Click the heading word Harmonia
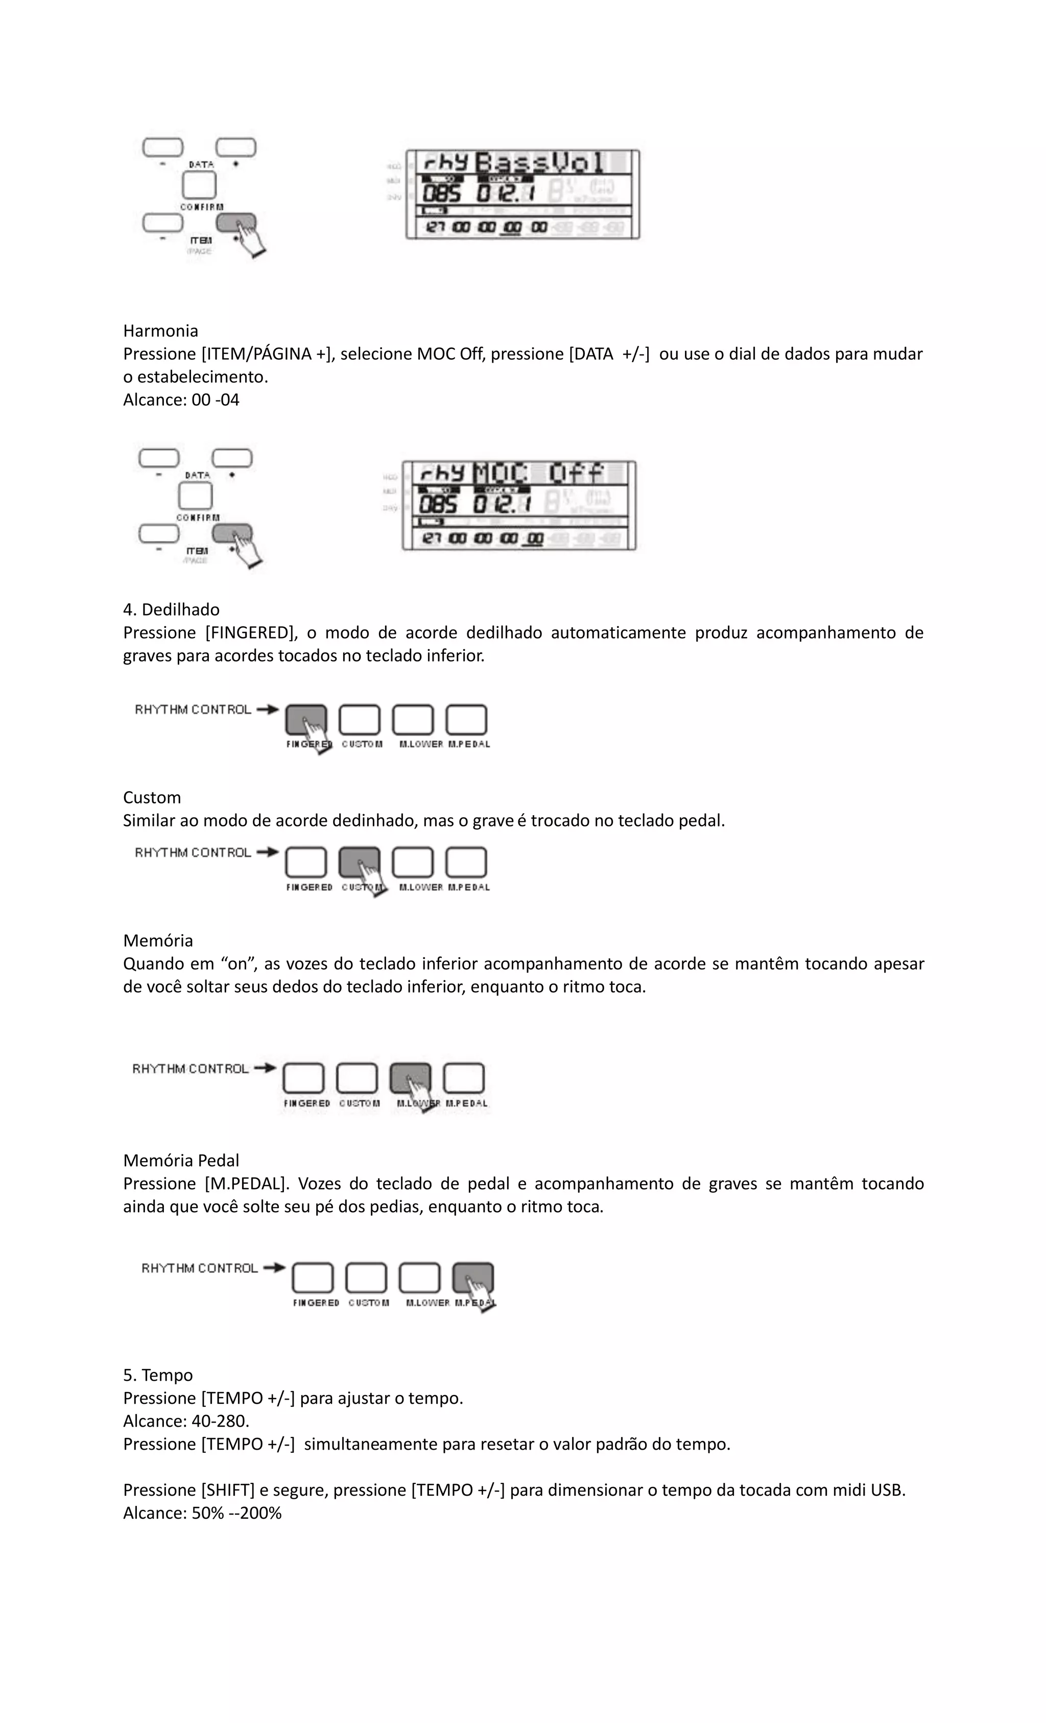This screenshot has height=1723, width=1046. [x=160, y=331]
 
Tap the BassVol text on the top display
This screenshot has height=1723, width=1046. [x=538, y=163]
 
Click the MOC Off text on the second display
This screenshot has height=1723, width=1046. [x=538, y=474]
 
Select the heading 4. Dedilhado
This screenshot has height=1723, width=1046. [x=171, y=610]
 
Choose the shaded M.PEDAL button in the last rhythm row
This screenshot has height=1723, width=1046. [x=472, y=1277]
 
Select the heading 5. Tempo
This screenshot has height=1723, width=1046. [x=158, y=1376]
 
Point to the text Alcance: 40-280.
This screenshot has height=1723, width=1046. [x=186, y=1422]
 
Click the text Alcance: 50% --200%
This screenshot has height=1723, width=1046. [x=202, y=1513]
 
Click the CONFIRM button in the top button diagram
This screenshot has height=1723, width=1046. [x=199, y=186]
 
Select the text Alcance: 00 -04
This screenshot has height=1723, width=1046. [x=181, y=400]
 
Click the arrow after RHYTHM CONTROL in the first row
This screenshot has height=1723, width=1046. [x=268, y=709]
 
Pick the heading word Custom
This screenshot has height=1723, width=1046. [x=152, y=798]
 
